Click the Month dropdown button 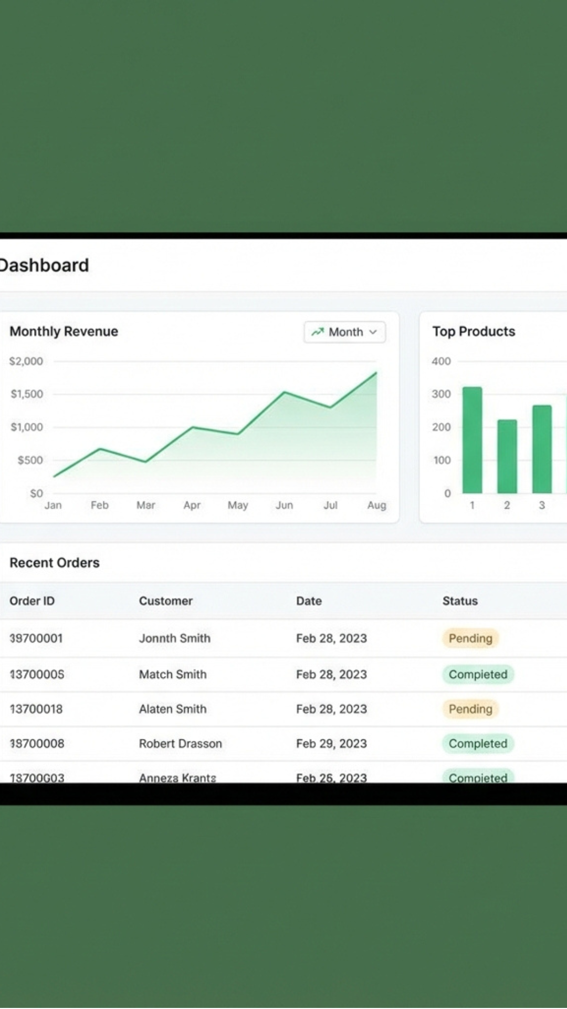tap(344, 332)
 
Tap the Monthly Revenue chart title tap(64, 332)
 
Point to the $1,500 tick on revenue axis tap(27, 394)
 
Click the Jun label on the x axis tap(284, 505)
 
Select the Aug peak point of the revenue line tap(376, 373)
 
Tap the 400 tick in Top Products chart tap(441, 362)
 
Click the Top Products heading tap(474, 332)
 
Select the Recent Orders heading tap(55, 563)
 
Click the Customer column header tap(165, 601)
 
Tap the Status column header tap(460, 601)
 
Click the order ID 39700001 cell tap(36, 639)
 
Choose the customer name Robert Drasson tap(180, 744)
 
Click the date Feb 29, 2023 tap(331, 744)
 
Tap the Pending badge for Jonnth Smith tap(470, 639)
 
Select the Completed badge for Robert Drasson tap(478, 744)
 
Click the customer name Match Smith tap(172, 674)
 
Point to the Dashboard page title tap(44, 265)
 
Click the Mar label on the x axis tap(145, 505)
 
